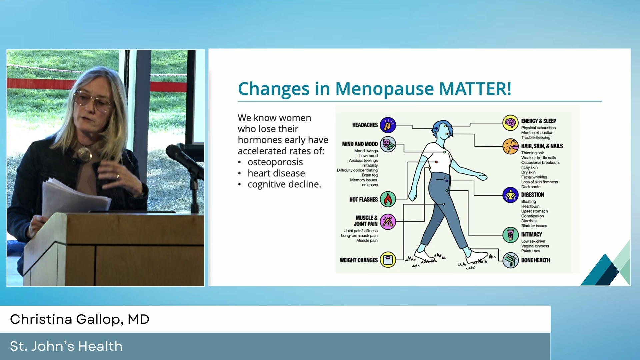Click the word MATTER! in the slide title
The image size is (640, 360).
[x=475, y=89]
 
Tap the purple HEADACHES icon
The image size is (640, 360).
[x=388, y=125]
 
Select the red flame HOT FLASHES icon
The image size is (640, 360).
[x=388, y=199]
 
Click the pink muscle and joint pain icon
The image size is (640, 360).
[x=388, y=222]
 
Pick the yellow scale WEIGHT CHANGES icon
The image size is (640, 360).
[x=388, y=260]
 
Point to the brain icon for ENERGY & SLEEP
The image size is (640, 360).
[x=510, y=123]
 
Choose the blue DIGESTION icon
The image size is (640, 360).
[x=510, y=195]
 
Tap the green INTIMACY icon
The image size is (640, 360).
[x=510, y=235]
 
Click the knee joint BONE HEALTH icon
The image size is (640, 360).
[x=510, y=260]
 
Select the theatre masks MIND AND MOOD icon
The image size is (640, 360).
[x=388, y=144]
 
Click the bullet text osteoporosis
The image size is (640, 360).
[x=275, y=162]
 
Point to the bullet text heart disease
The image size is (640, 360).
[x=276, y=173]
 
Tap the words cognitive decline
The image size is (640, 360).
[x=284, y=184]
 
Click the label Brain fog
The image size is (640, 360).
[x=370, y=175]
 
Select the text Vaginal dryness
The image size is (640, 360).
[x=535, y=246]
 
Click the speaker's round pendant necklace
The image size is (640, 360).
[x=84, y=154]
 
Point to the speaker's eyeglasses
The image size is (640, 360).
[x=93, y=101]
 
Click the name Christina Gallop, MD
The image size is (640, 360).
[x=80, y=319]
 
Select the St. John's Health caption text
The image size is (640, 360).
[x=66, y=346]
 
